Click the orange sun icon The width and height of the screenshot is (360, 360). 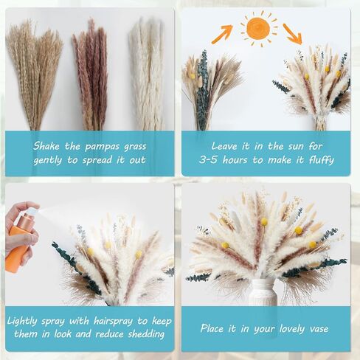click(x=257, y=29)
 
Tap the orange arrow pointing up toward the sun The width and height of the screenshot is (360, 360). click(x=222, y=34)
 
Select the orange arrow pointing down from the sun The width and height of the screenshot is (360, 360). click(x=291, y=34)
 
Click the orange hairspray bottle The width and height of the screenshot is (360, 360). click(x=20, y=243)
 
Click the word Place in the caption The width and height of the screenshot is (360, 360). click(x=201, y=328)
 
